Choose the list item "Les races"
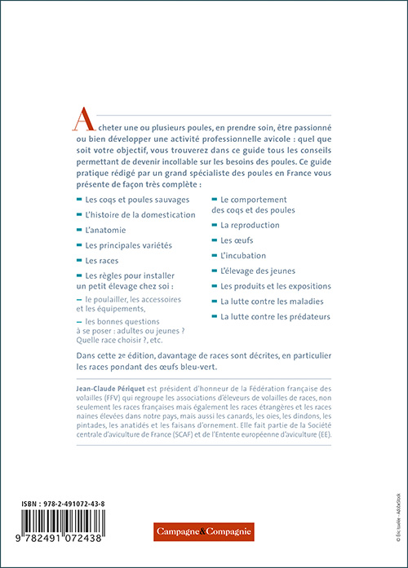(x=102, y=261)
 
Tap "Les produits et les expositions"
(x=275, y=286)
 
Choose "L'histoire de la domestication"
(x=140, y=214)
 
